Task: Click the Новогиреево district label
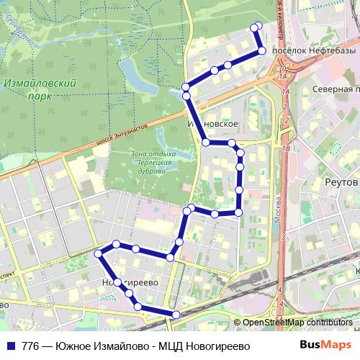tap(130, 282)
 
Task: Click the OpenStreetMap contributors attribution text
tap(297, 323)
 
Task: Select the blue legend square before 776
tap(9, 346)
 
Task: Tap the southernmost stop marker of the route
tap(176, 314)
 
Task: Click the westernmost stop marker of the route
tap(99, 253)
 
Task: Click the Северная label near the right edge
tap(336, 89)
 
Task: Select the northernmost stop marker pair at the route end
tap(255, 27)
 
